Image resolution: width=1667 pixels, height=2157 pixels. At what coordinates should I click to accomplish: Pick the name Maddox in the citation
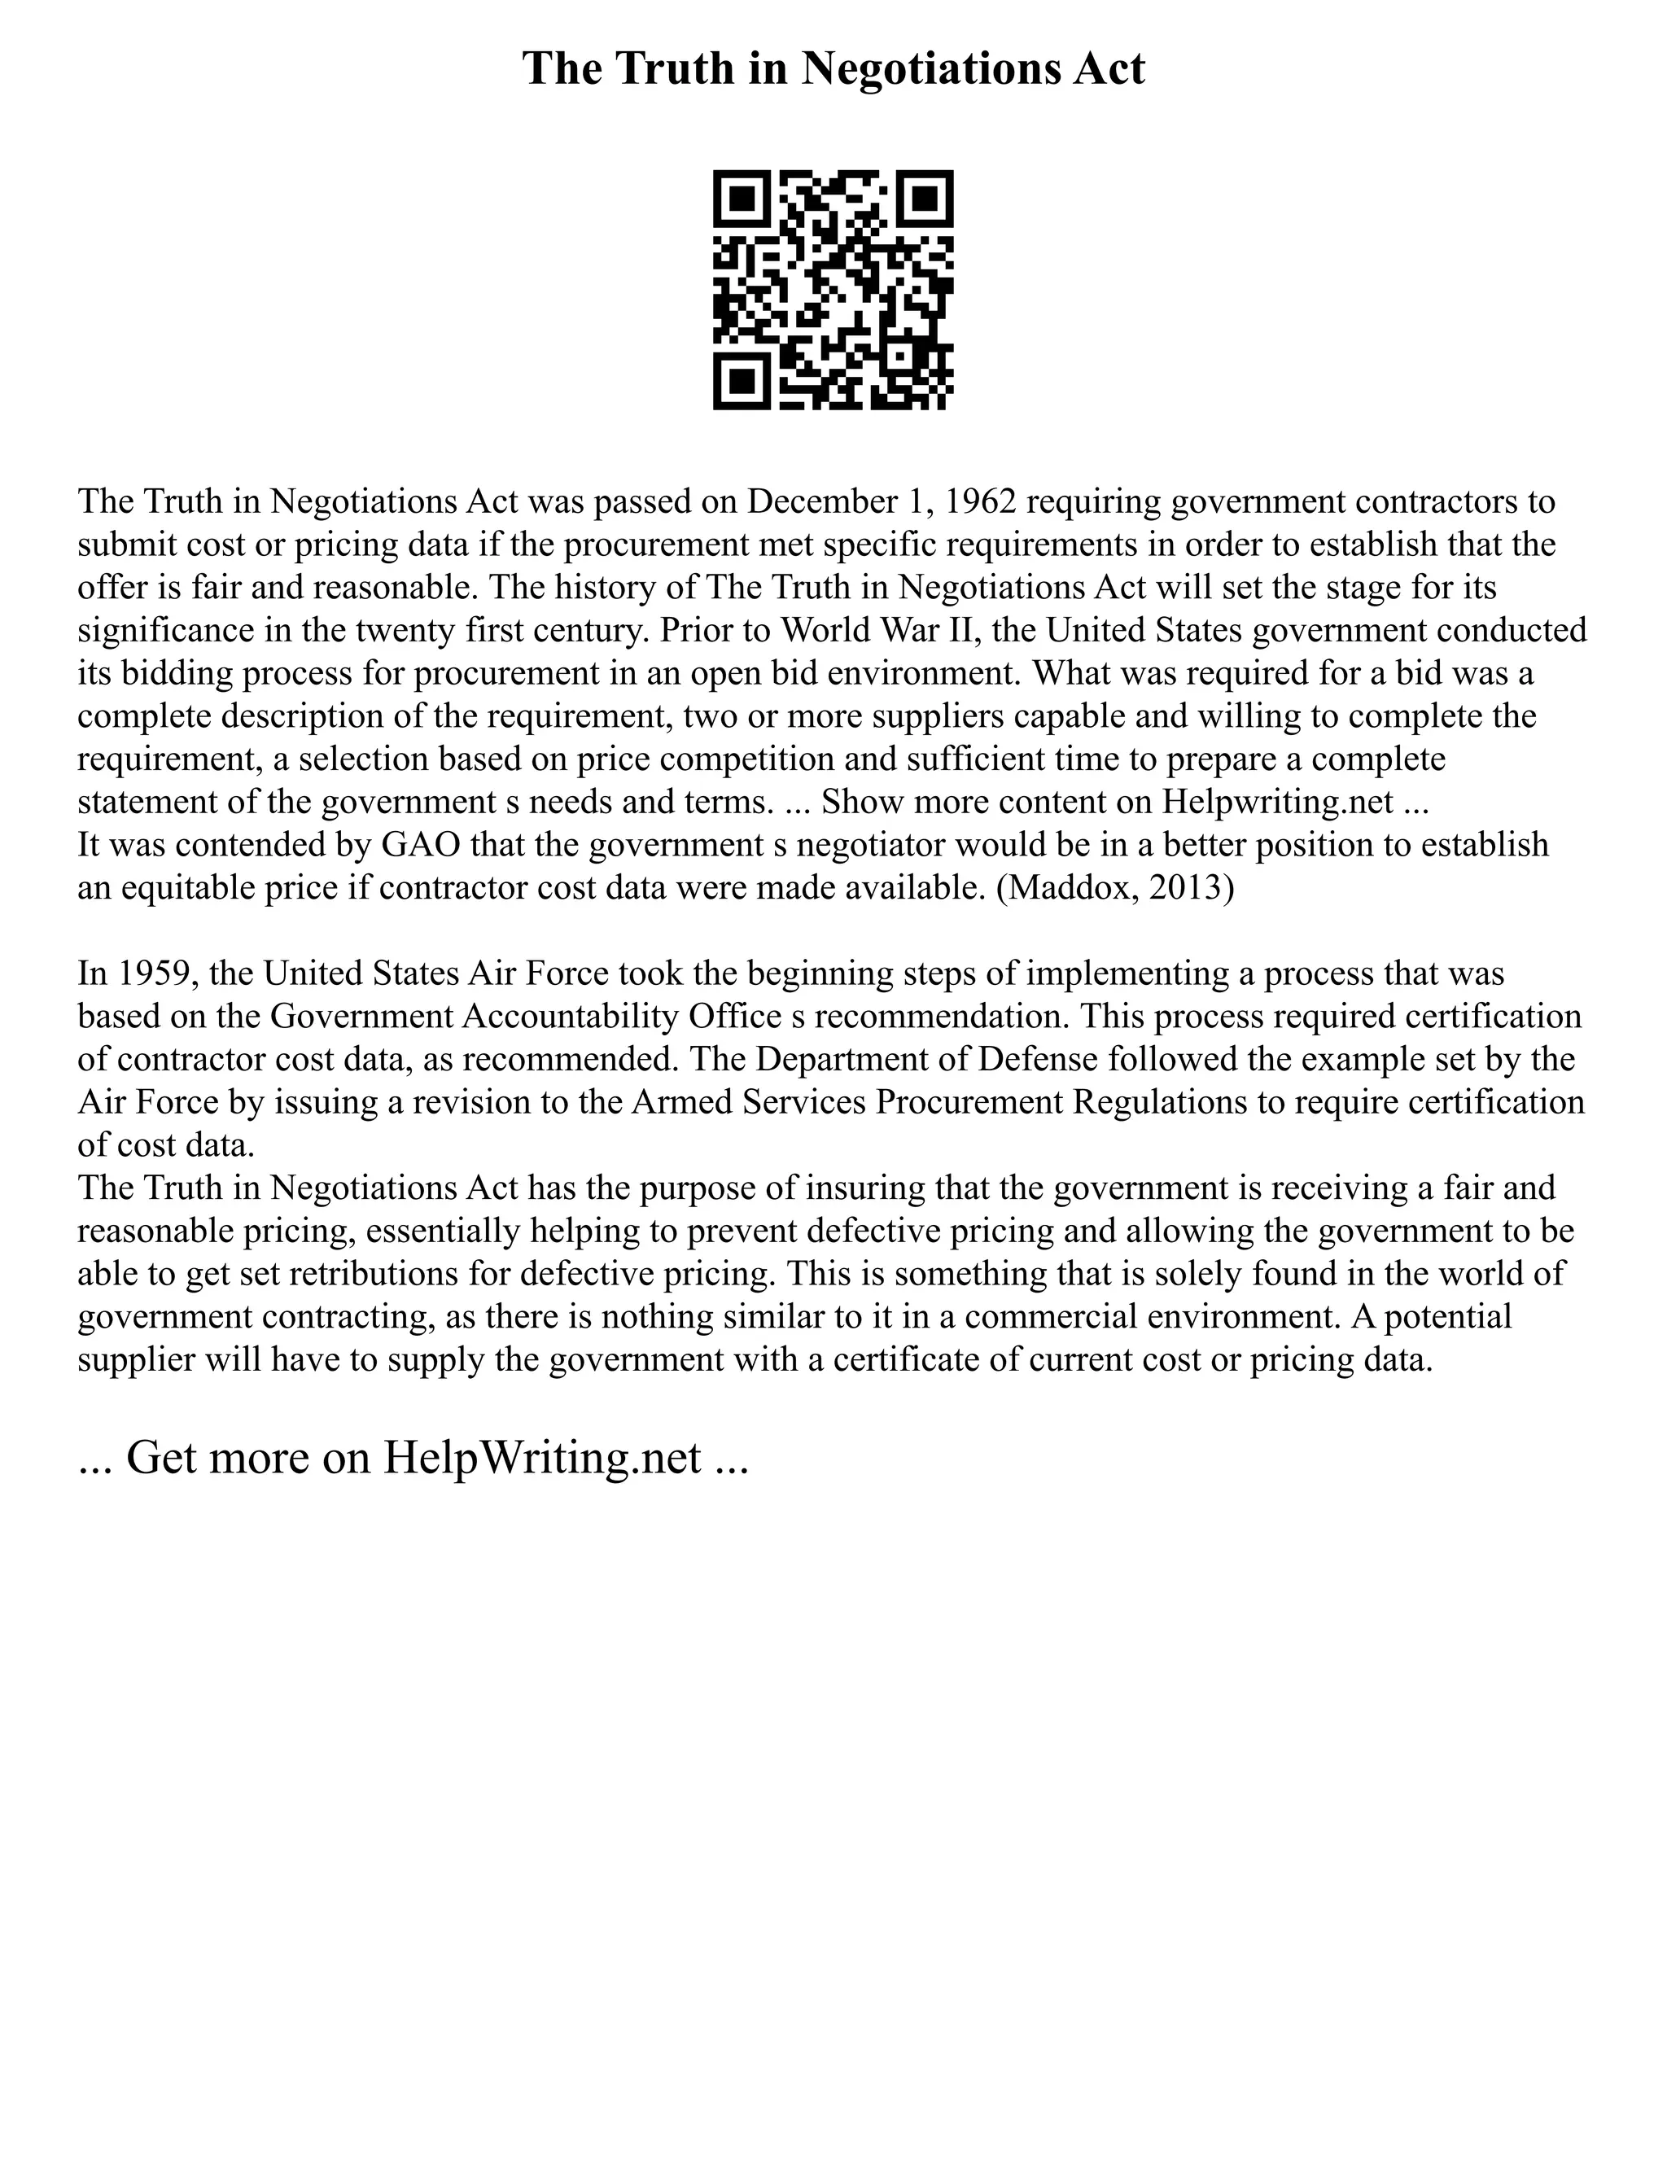pos(1070,887)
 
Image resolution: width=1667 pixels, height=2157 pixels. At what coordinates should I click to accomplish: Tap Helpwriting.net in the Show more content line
pos(1277,801)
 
